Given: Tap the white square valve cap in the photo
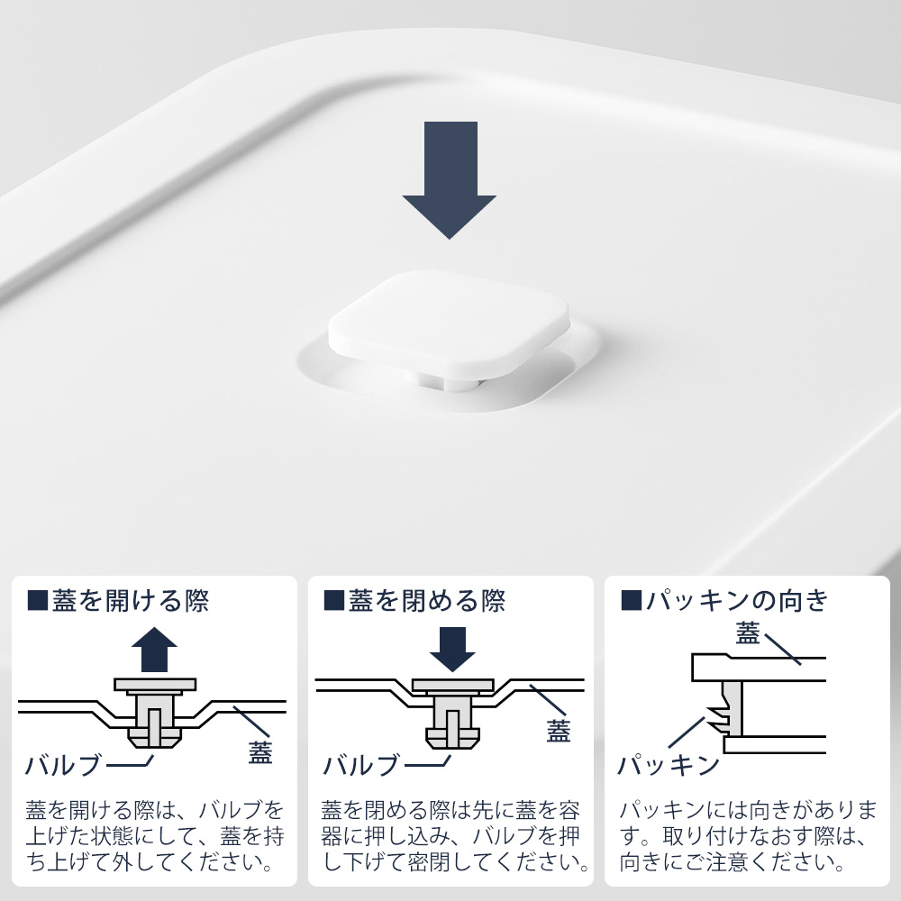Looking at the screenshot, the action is pyautogui.click(x=449, y=323).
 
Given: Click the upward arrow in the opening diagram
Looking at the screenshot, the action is pyautogui.click(x=154, y=650).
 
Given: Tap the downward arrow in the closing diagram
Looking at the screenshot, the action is pyautogui.click(x=452, y=650).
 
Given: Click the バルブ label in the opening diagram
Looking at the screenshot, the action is pyautogui.click(x=63, y=765).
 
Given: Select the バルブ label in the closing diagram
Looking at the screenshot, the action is pyautogui.click(x=361, y=765).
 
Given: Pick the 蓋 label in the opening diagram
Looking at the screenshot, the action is pyautogui.click(x=260, y=752).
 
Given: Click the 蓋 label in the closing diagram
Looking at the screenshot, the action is pyautogui.click(x=558, y=731).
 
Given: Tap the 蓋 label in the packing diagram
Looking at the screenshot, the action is pyautogui.click(x=748, y=633).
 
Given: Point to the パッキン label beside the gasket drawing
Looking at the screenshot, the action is pyautogui.click(x=669, y=765).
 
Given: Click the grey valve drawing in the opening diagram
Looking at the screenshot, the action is pyautogui.click(x=155, y=713).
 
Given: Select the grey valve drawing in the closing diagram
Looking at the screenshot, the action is pyautogui.click(x=453, y=714).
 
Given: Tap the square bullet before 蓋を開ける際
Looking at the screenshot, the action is pyautogui.click(x=37, y=600).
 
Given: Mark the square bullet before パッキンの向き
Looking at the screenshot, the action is pyautogui.click(x=632, y=600).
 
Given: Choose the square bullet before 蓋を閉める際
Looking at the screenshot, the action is pyautogui.click(x=334, y=600).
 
